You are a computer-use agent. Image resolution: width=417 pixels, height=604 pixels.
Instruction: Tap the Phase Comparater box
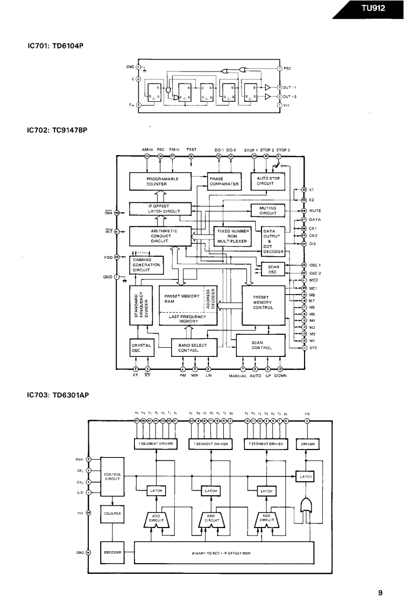[x=223, y=181]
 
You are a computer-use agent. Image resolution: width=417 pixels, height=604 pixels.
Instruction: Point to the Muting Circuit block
[x=268, y=210]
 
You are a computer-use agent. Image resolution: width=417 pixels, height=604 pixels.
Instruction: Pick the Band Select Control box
[x=188, y=348]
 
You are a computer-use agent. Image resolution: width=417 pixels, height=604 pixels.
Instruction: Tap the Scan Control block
[x=261, y=345]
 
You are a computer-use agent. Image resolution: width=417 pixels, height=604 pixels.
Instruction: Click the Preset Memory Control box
[x=263, y=302]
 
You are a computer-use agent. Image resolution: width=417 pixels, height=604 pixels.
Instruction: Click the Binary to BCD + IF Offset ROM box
[x=223, y=552]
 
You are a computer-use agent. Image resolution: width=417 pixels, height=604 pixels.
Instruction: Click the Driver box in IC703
[x=307, y=444]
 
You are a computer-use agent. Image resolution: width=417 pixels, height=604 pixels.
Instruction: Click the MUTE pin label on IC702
[x=315, y=211]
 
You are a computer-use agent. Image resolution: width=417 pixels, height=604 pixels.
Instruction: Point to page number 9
[x=380, y=593]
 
